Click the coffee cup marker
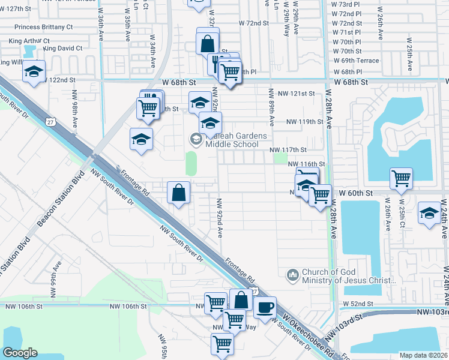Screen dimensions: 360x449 (x=264, y=308)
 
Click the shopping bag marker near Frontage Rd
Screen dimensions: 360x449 (x=179, y=193)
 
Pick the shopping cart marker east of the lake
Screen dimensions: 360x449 (x=401, y=178)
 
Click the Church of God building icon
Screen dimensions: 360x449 (x=293, y=274)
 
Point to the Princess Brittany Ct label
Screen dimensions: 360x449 (x=44, y=28)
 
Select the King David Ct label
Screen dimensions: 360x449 (x=62, y=48)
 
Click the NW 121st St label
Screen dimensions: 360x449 (x=292, y=94)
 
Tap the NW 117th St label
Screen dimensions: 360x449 (x=288, y=149)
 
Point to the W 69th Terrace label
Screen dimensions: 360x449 (x=356, y=61)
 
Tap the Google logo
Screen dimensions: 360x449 (x=20, y=353)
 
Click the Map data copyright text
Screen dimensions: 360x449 (x=423, y=355)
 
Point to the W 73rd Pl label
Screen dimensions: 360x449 (x=346, y=4)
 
